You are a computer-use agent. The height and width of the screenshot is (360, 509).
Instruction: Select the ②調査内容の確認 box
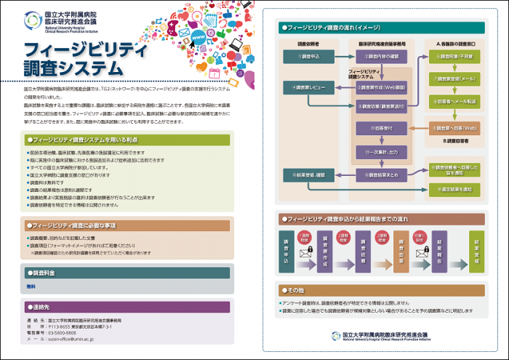pyautogui.click(x=377, y=55)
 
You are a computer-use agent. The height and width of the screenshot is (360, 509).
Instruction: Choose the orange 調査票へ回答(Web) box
pyautogui.click(x=457, y=127)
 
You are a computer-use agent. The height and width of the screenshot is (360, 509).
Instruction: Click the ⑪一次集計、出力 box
pyautogui.click(x=377, y=152)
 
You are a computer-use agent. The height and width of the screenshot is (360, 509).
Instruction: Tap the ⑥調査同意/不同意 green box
pyautogui.click(x=457, y=55)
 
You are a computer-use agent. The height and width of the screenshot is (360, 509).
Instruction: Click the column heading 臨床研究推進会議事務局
pyautogui.click(x=377, y=43)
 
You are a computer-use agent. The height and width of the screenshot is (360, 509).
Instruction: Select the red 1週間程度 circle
pyautogui.click(x=304, y=238)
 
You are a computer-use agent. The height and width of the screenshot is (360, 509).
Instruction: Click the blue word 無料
pyautogui.click(x=31, y=287)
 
